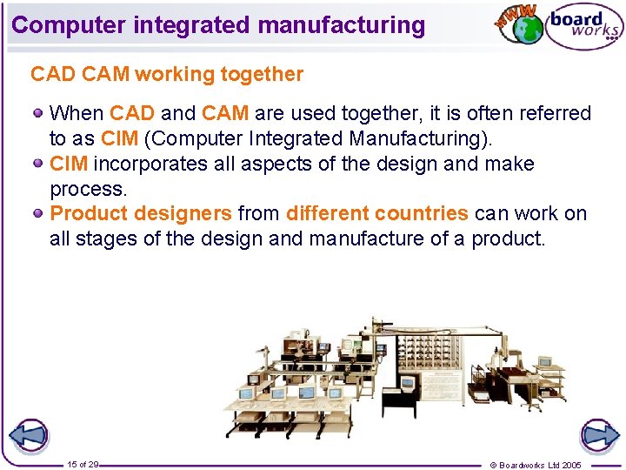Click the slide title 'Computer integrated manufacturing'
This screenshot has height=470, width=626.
tap(218, 24)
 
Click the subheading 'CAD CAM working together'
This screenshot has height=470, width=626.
tap(167, 75)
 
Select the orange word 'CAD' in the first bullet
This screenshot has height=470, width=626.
tap(132, 113)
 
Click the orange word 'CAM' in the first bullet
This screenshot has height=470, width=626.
tap(225, 113)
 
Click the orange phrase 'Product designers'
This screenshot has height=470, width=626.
tap(141, 213)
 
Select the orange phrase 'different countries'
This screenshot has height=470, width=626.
tap(376, 213)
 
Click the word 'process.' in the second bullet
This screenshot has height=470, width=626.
tap(89, 189)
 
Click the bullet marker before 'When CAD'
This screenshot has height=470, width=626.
tap(39, 113)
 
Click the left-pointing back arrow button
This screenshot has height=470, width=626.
tap(28, 435)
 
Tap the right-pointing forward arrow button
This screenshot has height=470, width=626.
tap(599, 435)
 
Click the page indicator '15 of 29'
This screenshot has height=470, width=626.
tap(82, 465)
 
